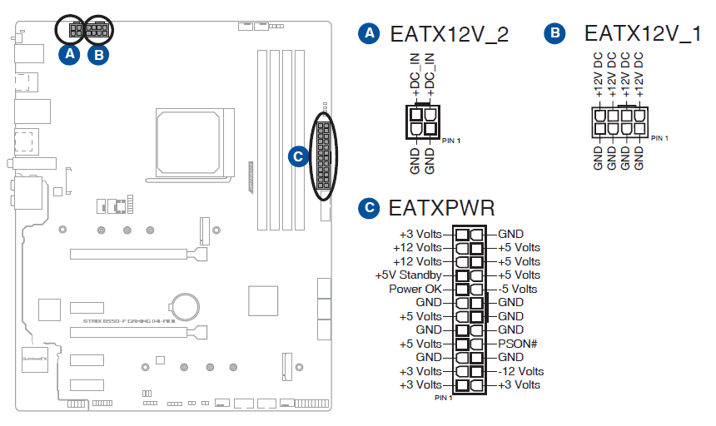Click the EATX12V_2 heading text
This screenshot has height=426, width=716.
[x=449, y=34]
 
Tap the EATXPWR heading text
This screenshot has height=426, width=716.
[x=441, y=208]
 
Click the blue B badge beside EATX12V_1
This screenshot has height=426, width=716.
[x=554, y=34]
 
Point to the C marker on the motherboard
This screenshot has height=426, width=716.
[x=297, y=156]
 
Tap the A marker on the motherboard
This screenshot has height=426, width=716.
[x=70, y=55]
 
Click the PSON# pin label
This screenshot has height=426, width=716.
[x=517, y=344]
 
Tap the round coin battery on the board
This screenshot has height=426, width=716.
[x=184, y=305]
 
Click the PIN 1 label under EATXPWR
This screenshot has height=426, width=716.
[x=444, y=398]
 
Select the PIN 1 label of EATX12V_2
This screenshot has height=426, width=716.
[x=450, y=141]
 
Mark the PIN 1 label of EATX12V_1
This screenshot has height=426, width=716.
[x=659, y=137]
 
